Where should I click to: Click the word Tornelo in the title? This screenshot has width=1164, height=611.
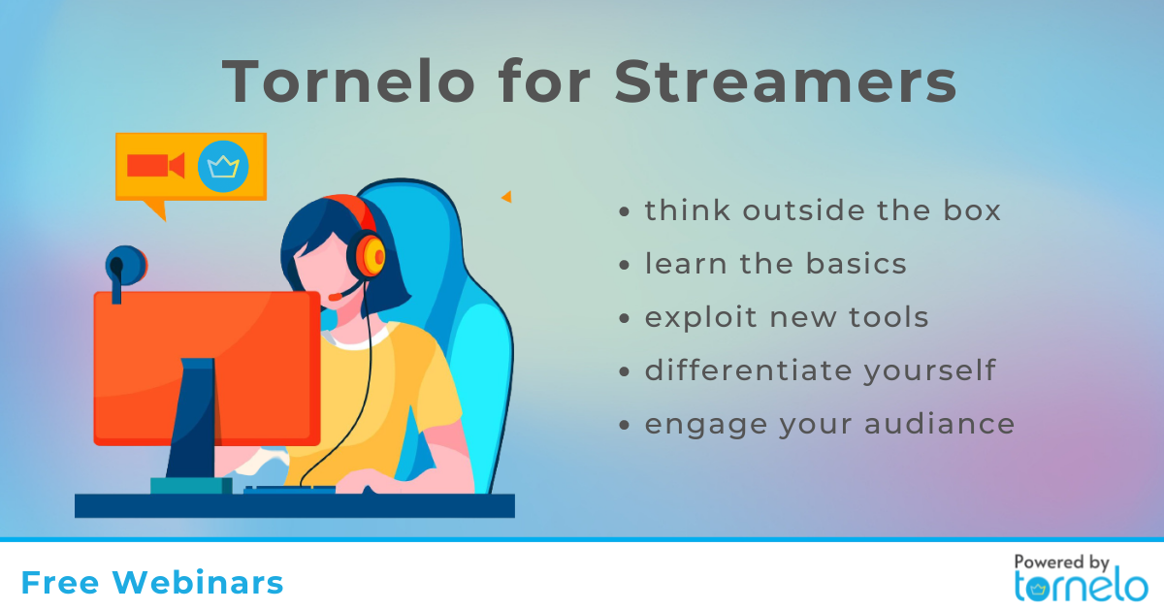[x=348, y=81]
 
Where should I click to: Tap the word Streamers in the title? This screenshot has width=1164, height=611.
[x=785, y=81]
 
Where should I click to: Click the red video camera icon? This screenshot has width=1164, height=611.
[x=156, y=166]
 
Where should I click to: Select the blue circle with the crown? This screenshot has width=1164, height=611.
[x=223, y=166]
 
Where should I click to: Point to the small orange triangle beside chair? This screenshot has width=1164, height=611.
[x=506, y=196]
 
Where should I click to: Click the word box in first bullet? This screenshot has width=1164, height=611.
[x=972, y=210]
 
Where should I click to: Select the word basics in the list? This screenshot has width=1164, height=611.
[x=856, y=264]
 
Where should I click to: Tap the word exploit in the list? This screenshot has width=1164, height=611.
[x=700, y=318]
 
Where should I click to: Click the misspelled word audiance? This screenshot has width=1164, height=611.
[x=940, y=424]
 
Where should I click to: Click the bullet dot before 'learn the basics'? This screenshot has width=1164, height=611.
[x=624, y=265]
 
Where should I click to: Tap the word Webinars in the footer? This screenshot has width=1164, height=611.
[x=198, y=583]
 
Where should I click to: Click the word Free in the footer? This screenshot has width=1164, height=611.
[x=60, y=583]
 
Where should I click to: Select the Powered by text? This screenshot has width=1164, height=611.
[x=1061, y=563]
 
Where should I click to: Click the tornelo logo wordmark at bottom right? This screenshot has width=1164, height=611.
[x=1081, y=587]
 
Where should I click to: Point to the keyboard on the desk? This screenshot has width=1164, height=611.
[x=290, y=490]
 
